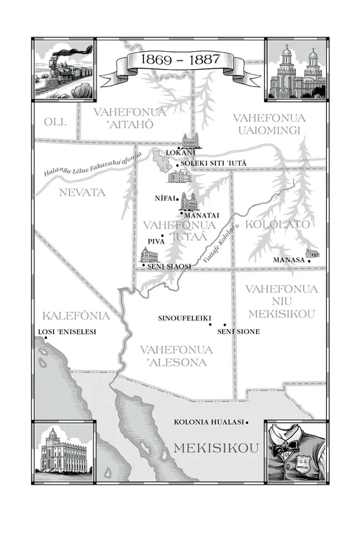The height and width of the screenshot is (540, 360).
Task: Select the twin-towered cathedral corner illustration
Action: click(296, 69)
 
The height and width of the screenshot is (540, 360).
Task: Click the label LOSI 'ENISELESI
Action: click(66, 332)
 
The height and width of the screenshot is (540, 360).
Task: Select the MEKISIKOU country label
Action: click(215, 449)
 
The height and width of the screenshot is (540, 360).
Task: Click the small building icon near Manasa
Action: click(312, 253)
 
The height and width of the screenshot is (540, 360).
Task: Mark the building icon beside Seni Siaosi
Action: click(148, 256)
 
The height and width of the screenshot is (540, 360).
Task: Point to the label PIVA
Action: click(156, 241)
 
